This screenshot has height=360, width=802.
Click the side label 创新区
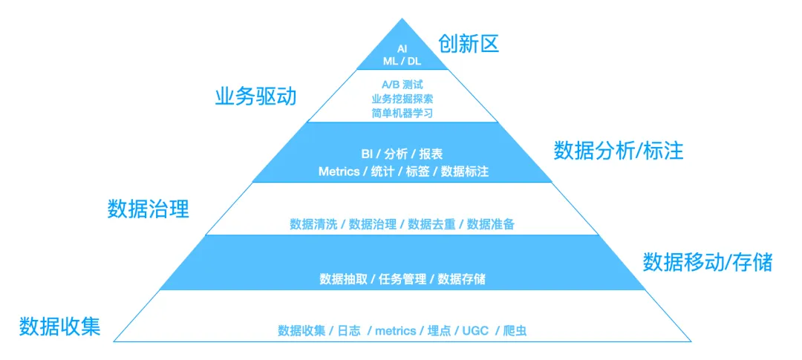468,44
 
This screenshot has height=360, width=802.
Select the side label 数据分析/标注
618,151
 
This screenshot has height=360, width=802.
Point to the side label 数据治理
149,209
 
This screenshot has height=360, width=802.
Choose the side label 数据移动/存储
707,262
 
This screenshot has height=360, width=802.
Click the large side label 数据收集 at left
59,326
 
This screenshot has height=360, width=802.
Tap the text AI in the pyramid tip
402,48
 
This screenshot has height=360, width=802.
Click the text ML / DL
402,61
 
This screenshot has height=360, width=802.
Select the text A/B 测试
402,83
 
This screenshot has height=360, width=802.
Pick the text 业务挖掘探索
402,98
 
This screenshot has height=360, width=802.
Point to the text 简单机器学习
402,113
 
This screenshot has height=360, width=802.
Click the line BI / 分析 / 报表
402,154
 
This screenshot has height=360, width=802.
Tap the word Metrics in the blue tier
339,171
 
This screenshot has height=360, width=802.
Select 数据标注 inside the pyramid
465,171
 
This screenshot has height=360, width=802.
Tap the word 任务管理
402,279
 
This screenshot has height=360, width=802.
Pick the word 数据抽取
343,279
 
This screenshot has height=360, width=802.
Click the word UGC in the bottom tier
475,330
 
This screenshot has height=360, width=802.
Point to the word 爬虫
515,330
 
